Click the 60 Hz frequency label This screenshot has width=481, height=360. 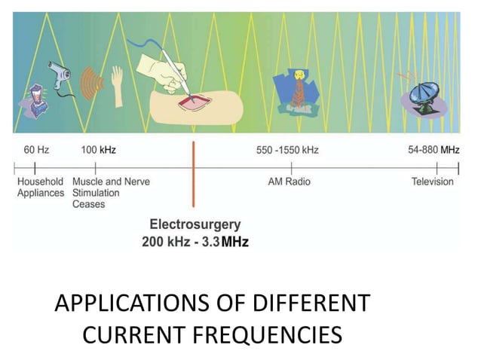click(x=36, y=150)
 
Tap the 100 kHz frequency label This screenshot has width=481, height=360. click(x=98, y=150)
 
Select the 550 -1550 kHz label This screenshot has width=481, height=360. click(x=287, y=150)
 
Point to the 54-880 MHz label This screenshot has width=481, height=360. click(x=433, y=150)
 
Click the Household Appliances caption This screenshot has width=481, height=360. click(x=41, y=188)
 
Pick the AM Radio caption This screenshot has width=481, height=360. click(x=289, y=182)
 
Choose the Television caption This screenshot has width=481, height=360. click(x=433, y=182)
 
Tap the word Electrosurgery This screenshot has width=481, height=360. click(x=195, y=224)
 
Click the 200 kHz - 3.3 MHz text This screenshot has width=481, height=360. click(x=195, y=242)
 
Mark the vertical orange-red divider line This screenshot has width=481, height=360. click(x=193, y=173)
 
